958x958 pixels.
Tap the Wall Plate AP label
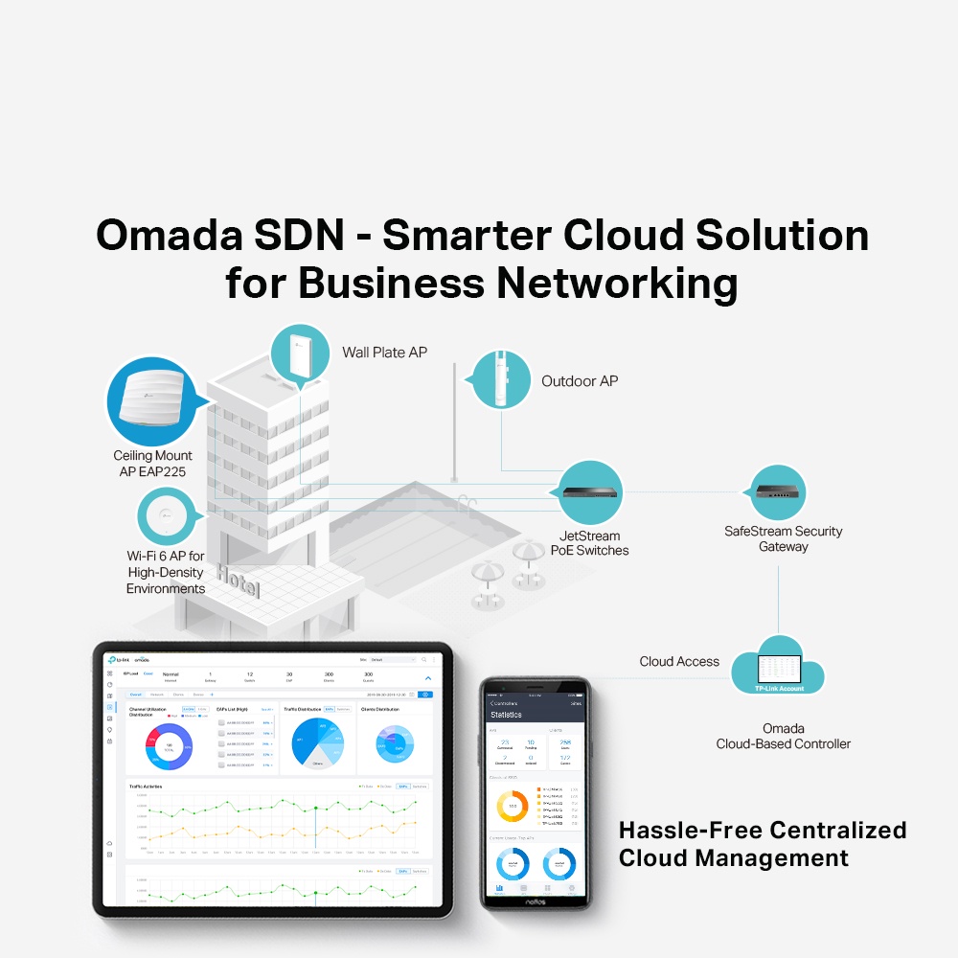click(x=385, y=353)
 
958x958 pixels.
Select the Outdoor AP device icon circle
click(x=502, y=379)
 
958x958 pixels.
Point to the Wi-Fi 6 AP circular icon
click(x=167, y=516)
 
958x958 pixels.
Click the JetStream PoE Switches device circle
click(x=590, y=492)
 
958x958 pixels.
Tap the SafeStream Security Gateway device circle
click(x=777, y=492)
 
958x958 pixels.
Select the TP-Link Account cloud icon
click(x=778, y=668)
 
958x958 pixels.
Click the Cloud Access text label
click(x=679, y=661)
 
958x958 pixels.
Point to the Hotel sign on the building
click(x=238, y=580)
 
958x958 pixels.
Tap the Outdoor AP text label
click(x=580, y=381)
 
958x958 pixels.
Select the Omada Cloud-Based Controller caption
click(x=783, y=736)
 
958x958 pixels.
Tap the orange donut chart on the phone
click(x=513, y=806)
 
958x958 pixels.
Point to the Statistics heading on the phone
click(x=506, y=715)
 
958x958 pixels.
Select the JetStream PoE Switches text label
click(x=590, y=543)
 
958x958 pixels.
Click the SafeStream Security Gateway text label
click(x=784, y=538)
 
